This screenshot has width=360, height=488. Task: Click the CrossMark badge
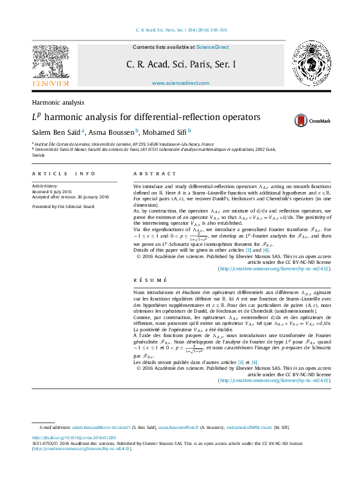pyautogui.click(x=312, y=120)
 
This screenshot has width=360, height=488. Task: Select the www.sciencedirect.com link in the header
pyautogui.click(x=180, y=83)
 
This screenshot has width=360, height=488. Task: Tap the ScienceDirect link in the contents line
pyautogui.click(x=212, y=48)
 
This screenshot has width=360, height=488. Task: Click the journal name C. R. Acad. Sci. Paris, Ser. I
pyautogui.click(x=180, y=64)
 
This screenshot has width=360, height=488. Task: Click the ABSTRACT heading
pyautogui.click(x=154, y=174)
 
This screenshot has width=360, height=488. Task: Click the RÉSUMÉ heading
pyautogui.click(x=150, y=280)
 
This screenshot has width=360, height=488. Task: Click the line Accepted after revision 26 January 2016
pyautogui.click(x=71, y=197)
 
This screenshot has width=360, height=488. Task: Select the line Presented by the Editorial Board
pyautogui.click(x=63, y=207)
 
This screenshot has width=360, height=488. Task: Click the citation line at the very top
pyautogui.click(x=180, y=30)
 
